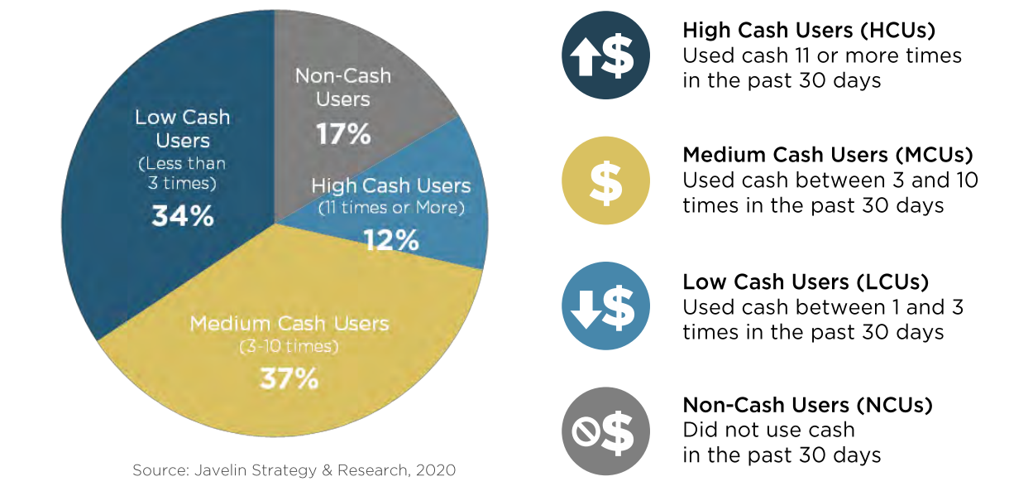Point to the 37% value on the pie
pyautogui.click(x=289, y=378)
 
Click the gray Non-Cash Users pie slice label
pyautogui.click(x=343, y=88)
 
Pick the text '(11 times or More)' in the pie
pyautogui.click(x=391, y=209)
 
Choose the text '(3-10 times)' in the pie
pyautogui.click(x=289, y=347)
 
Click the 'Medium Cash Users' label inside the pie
pyautogui.click(x=289, y=323)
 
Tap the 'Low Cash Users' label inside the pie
pyautogui.click(x=182, y=128)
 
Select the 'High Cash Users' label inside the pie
pyautogui.click(x=391, y=185)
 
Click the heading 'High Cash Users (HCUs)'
pyautogui.click(x=808, y=31)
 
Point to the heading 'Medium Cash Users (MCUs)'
pyautogui.click(x=828, y=155)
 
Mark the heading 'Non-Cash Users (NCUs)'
pyautogui.click(x=807, y=406)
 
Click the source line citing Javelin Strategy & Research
pyautogui.click(x=294, y=470)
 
